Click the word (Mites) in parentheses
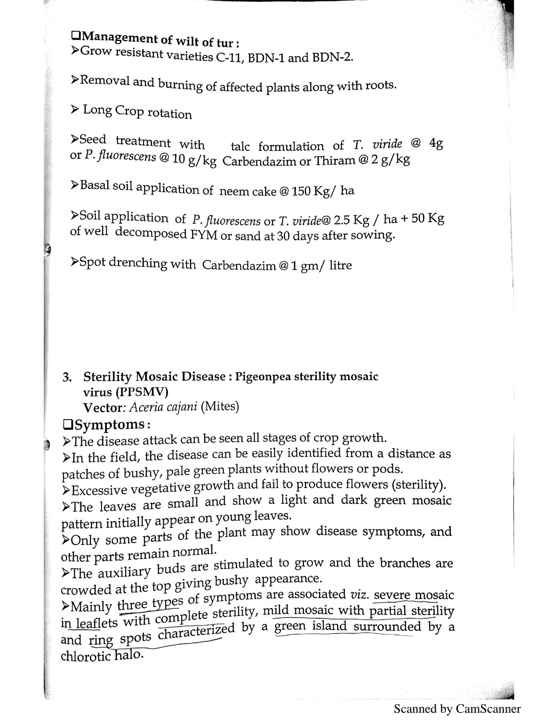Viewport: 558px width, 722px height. pyautogui.click(x=220, y=406)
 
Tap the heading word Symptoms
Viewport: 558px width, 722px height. pyautogui.click(x=109, y=424)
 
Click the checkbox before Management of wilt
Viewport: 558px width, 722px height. pyautogui.click(x=75, y=36)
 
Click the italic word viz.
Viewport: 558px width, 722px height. pyautogui.click(x=355, y=594)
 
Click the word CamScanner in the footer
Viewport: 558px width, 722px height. pyautogui.click(x=488, y=709)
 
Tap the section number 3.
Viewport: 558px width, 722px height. pyautogui.click(x=67, y=377)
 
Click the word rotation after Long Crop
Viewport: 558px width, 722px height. pyautogui.click(x=170, y=114)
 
